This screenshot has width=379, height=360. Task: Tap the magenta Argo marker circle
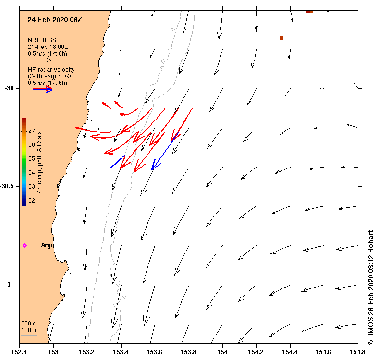[x=24, y=245]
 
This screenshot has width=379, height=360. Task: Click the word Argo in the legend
[x=48, y=245]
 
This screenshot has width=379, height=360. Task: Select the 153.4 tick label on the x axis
[x=121, y=352]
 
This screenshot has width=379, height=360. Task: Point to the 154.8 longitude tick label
[x=358, y=352]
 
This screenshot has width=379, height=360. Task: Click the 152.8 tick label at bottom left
[x=19, y=352]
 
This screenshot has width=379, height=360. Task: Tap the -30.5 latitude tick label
[x=8, y=186]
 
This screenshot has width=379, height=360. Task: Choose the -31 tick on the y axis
[x=11, y=285]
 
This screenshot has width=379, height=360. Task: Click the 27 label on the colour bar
[x=31, y=131]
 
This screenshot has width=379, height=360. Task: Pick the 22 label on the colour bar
[x=31, y=200]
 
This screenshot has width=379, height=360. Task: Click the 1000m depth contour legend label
[x=29, y=330]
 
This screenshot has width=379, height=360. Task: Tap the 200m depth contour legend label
[x=28, y=324]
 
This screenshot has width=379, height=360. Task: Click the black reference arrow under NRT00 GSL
[x=42, y=60]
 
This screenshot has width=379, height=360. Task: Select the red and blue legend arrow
[x=43, y=89]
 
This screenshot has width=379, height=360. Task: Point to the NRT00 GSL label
[x=43, y=40]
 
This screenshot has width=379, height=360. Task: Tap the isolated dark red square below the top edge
[x=281, y=38]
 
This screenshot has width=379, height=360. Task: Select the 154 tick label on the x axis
[x=222, y=352]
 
